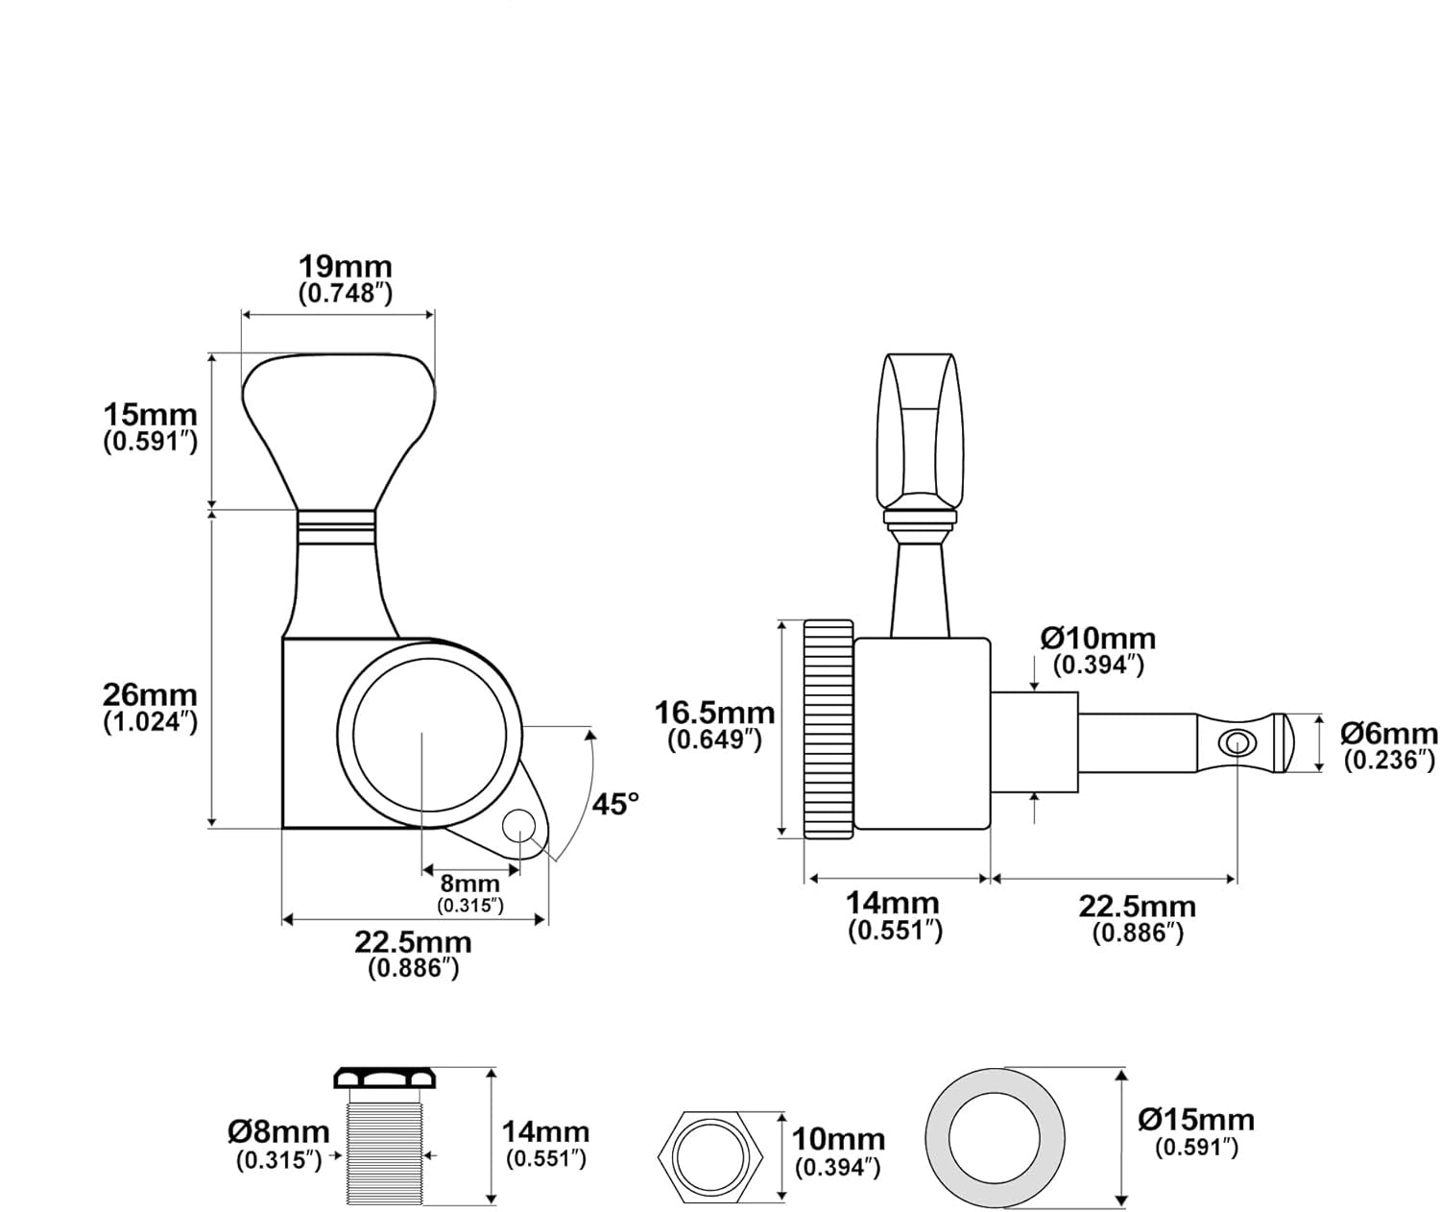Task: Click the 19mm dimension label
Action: coord(345,267)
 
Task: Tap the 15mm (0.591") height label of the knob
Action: coord(150,416)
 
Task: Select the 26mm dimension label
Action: coord(150,694)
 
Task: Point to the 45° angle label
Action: coord(614,804)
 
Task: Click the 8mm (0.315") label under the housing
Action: coord(470,884)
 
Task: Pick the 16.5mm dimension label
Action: coord(714,714)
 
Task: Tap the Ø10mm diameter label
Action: coord(1098,639)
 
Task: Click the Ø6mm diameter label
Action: coord(1389,735)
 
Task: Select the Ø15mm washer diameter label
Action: coord(1196,1120)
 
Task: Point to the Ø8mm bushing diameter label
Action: coord(278,1132)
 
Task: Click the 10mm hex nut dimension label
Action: coord(838,1140)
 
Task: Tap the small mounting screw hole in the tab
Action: coord(517,824)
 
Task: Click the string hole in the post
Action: coord(1236,742)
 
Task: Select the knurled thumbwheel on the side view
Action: coord(828,729)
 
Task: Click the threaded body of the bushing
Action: coord(383,1149)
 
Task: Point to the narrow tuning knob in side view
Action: coord(919,432)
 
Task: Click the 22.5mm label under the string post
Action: coord(1137,907)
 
